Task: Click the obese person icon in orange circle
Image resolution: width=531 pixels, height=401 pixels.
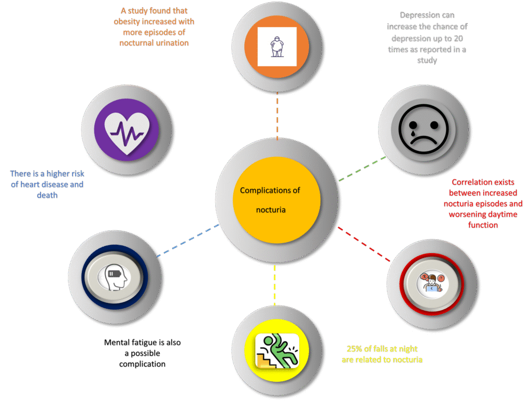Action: (277, 47)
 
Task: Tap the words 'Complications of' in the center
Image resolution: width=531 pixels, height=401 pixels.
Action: (270, 190)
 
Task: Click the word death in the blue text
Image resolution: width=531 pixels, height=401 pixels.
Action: (47, 195)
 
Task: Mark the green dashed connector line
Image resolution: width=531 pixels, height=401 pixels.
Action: (362, 168)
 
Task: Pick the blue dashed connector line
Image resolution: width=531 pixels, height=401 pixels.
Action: (187, 240)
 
